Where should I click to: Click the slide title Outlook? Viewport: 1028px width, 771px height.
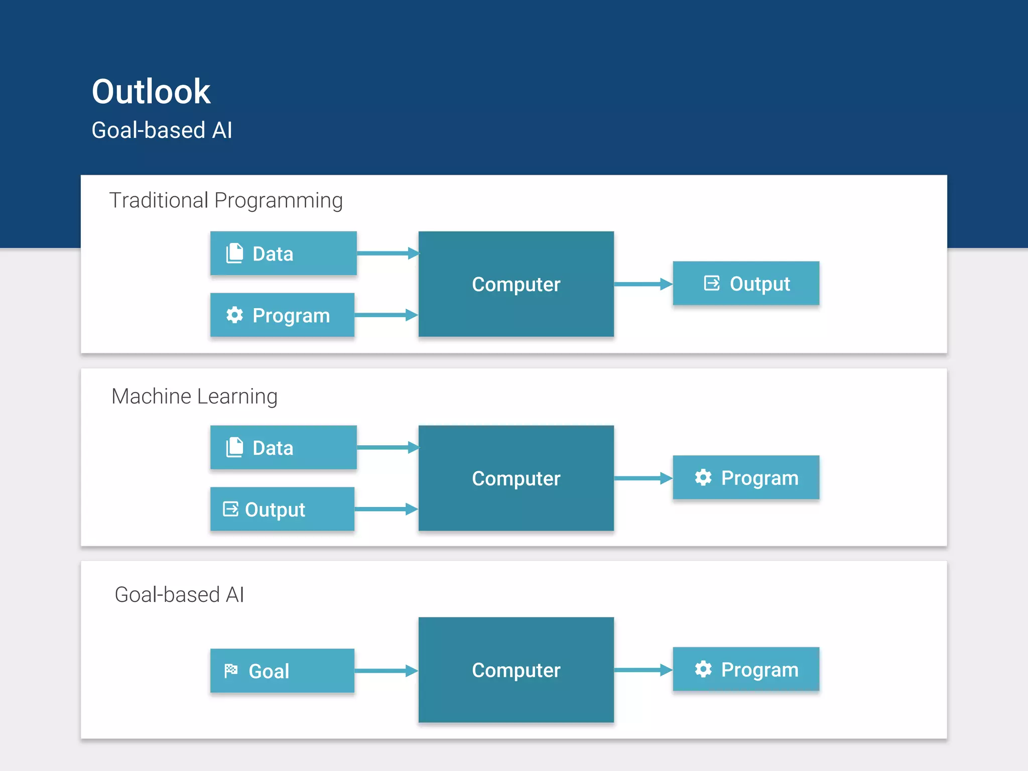click(x=151, y=92)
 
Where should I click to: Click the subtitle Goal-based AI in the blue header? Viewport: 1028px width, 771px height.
click(x=162, y=131)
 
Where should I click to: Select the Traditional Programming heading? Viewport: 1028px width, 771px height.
click(x=226, y=201)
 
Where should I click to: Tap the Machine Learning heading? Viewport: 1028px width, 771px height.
click(x=194, y=397)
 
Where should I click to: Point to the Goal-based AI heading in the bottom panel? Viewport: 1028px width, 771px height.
click(x=179, y=595)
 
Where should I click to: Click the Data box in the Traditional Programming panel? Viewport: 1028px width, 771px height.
click(x=283, y=253)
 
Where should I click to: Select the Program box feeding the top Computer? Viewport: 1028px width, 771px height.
click(x=282, y=315)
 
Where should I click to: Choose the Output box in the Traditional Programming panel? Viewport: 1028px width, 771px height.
click(x=746, y=284)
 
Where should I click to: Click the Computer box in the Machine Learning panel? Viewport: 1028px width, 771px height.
click(x=516, y=478)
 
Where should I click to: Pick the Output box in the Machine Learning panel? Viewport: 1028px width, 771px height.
click(x=282, y=509)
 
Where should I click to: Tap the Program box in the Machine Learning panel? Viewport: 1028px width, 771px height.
click(x=746, y=478)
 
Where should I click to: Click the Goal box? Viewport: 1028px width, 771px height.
click(x=282, y=671)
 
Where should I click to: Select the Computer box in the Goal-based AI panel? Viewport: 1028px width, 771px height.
click(x=516, y=670)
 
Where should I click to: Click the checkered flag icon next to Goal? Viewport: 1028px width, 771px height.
click(x=231, y=671)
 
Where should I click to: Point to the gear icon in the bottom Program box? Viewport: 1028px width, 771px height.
click(x=703, y=669)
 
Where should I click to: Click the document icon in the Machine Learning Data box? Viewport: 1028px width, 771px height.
click(x=234, y=447)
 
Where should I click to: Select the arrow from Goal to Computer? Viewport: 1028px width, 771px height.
click(x=385, y=671)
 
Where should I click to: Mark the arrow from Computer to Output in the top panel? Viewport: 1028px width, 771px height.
click(x=642, y=284)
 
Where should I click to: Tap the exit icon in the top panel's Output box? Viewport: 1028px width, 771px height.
click(x=712, y=283)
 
